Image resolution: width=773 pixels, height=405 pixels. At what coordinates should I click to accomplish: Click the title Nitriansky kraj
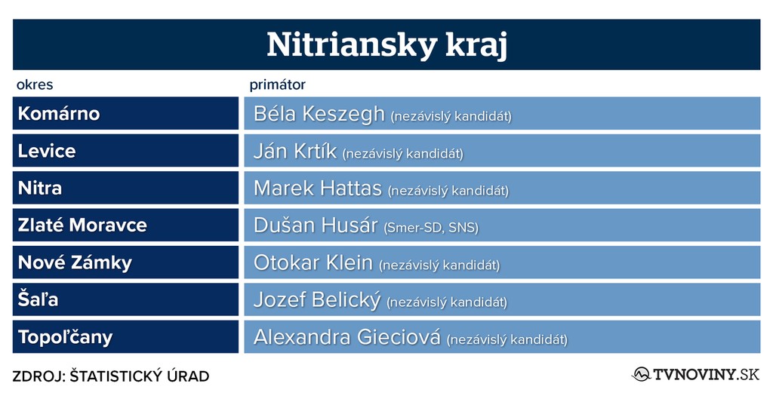[387, 44]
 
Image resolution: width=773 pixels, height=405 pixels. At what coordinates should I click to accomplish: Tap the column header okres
[35, 84]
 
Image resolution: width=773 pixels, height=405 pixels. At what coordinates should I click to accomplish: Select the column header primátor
[278, 84]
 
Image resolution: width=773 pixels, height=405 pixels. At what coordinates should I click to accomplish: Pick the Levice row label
[47, 151]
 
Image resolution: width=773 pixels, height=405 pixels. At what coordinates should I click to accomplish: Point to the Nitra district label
[40, 188]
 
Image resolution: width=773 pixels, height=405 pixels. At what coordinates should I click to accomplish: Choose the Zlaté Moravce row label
[82, 226]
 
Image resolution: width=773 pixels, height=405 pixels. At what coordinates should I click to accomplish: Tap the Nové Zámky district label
[75, 262]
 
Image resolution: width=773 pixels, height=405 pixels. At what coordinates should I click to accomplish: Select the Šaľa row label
[38, 299]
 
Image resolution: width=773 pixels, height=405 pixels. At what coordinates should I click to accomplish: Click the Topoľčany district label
[66, 337]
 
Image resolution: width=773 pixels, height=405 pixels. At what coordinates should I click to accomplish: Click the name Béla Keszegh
[319, 114]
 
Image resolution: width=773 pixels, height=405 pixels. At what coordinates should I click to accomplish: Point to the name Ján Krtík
[295, 151]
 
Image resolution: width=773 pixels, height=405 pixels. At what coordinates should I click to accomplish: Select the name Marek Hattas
[318, 189]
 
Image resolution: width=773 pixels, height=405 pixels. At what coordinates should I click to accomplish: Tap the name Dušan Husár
[316, 226]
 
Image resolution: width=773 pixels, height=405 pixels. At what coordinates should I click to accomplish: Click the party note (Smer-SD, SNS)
[431, 228]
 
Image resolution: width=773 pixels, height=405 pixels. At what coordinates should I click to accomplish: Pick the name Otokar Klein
[313, 262]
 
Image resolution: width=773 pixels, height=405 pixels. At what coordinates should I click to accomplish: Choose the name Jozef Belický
[317, 300]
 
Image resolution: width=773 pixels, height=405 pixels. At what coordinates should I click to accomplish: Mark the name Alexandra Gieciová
[347, 337]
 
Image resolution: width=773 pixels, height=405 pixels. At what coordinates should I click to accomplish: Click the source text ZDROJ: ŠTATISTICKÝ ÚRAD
[111, 376]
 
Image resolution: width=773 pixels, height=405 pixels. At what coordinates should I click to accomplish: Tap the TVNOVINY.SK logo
[695, 374]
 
